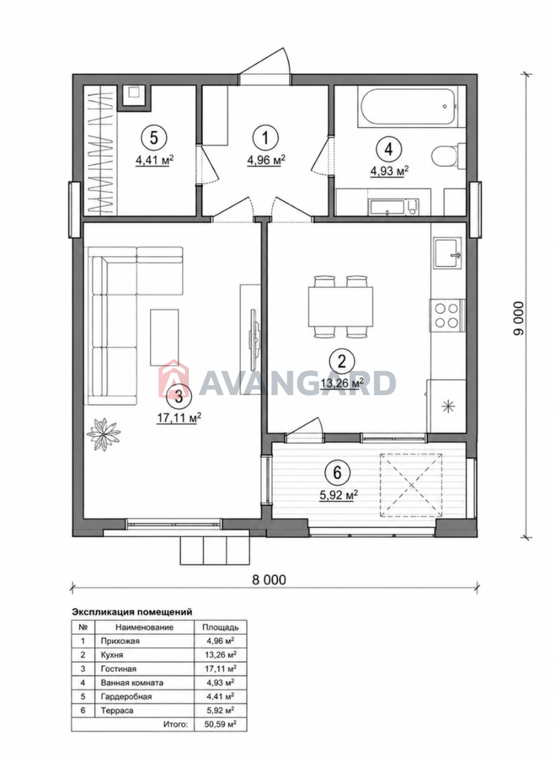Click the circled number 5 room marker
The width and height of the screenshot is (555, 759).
tap(154, 138)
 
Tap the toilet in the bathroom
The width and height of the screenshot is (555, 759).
tap(448, 156)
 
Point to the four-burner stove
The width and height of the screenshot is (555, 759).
tap(447, 315)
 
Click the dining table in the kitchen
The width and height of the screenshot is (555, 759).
tap(340, 307)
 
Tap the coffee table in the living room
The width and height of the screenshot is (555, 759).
tap(165, 337)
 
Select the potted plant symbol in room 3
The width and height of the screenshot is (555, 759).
tap(103, 435)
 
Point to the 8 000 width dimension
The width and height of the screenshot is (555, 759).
tap(269, 580)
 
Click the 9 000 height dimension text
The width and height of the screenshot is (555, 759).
tap(519, 318)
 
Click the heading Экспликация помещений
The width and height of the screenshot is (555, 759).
tap(132, 612)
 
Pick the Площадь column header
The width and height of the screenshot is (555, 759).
tap(220, 627)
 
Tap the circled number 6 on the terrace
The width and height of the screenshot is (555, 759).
tap(338, 473)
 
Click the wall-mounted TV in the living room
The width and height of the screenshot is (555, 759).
tap(254, 339)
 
